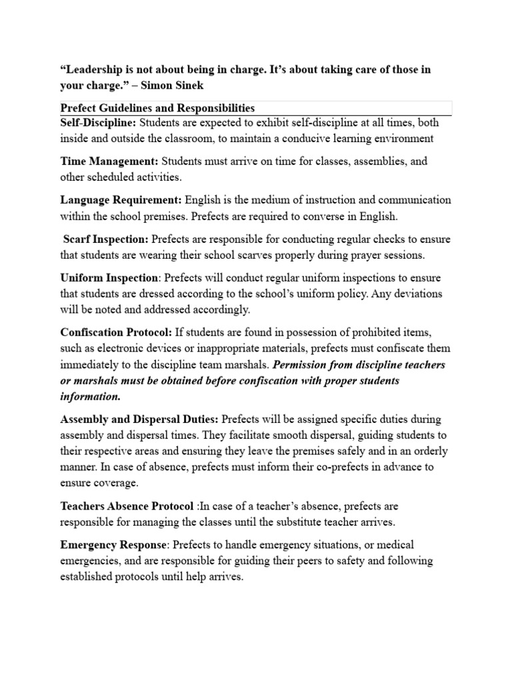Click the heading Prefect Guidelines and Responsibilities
click(x=157, y=107)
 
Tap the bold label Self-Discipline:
click(x=98, y=123)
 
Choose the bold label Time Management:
click(x=109, y=161)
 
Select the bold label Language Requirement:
click(x=121, y=200)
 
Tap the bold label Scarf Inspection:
click(x=106, y=239)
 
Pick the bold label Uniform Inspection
click(x=109, y=277)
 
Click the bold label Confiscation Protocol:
click(x=116, y=332)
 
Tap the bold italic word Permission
click(x=305, y=365)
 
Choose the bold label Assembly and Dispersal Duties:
click(x=139, y=420)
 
